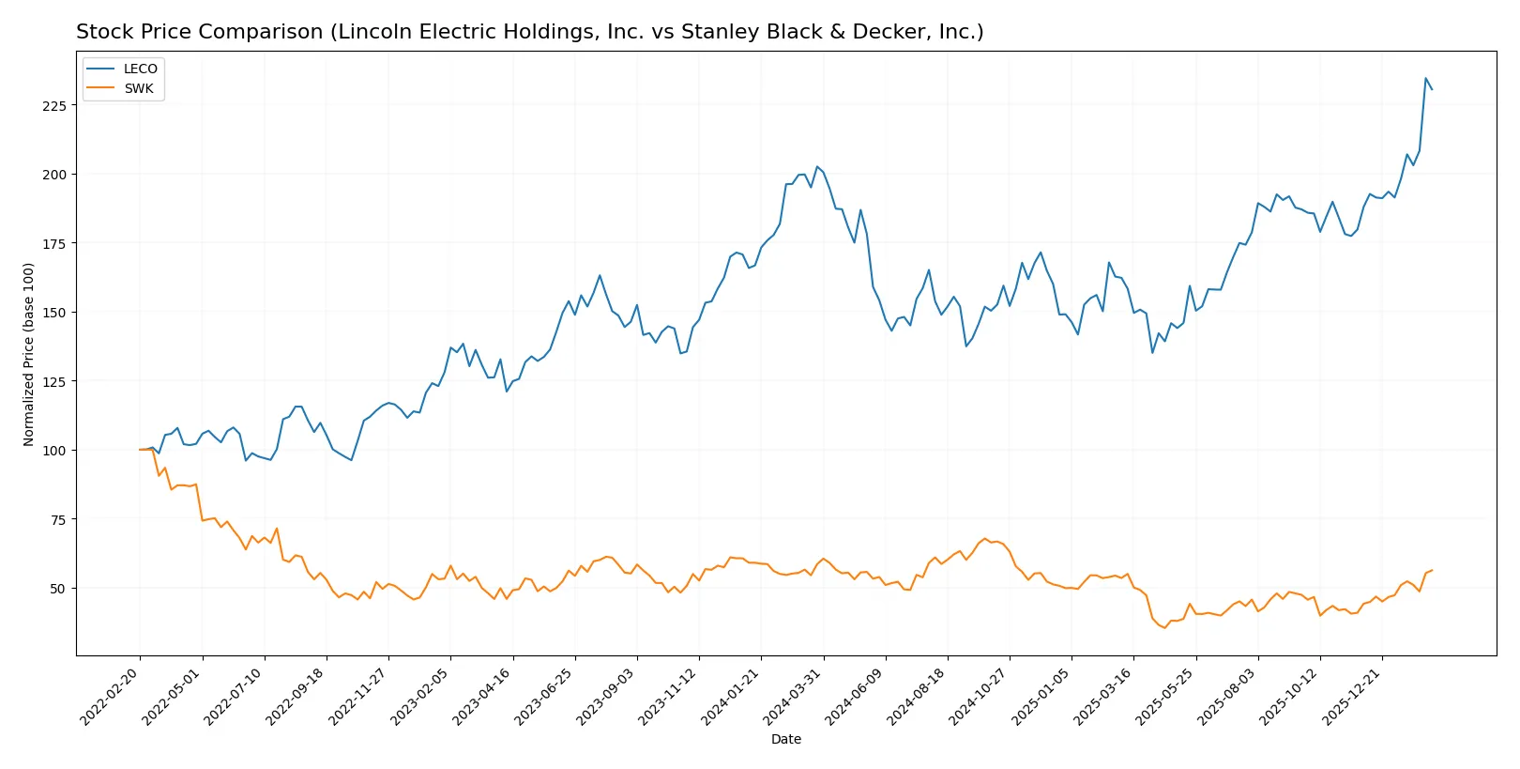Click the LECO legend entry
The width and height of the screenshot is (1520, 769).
140,69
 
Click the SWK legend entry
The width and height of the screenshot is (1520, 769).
138,88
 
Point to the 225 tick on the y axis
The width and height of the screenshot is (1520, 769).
53,106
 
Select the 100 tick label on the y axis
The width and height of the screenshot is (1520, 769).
53,451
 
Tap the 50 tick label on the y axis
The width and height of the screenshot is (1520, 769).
57,589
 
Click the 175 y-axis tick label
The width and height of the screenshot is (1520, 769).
53,244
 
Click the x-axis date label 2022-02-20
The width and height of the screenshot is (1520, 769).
111,696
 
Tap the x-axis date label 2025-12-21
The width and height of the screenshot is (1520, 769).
1353,696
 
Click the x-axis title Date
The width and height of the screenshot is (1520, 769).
785,739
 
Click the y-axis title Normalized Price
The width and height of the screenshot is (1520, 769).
29,354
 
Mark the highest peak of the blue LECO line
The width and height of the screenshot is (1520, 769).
1425,79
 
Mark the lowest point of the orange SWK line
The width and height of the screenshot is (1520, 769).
1164,627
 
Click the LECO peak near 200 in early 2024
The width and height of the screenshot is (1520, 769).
816,166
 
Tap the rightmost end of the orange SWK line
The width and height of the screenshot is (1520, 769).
1432,570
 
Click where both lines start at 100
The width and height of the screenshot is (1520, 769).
140,450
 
